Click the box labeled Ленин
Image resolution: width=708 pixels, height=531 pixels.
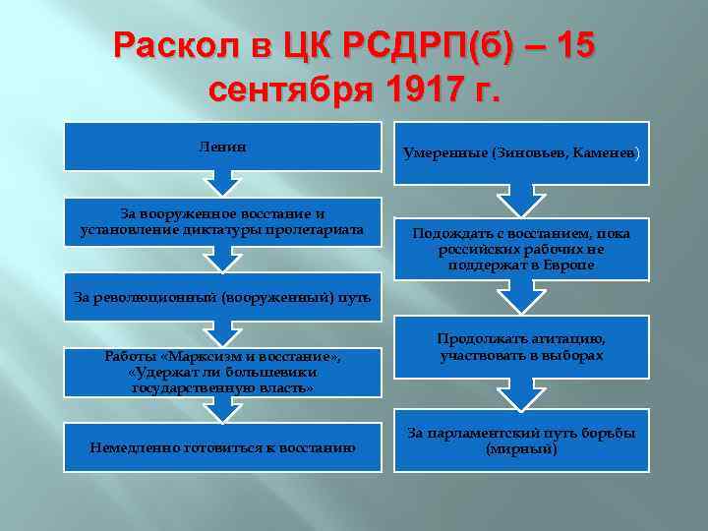coord(221,147)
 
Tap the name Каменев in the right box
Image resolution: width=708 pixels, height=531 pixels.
coord(606,153)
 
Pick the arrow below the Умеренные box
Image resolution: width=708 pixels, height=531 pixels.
coord(522,200)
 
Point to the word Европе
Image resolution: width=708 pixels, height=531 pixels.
coord(566,265)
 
